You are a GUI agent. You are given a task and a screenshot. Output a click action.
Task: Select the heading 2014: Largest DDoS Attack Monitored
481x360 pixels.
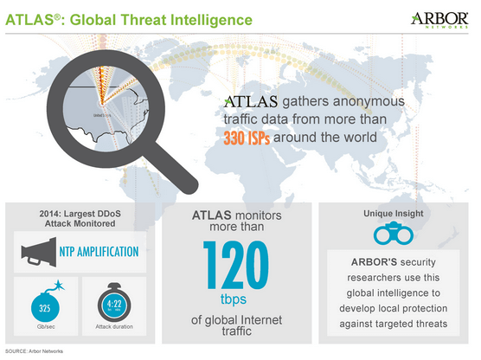click(79, 218)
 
